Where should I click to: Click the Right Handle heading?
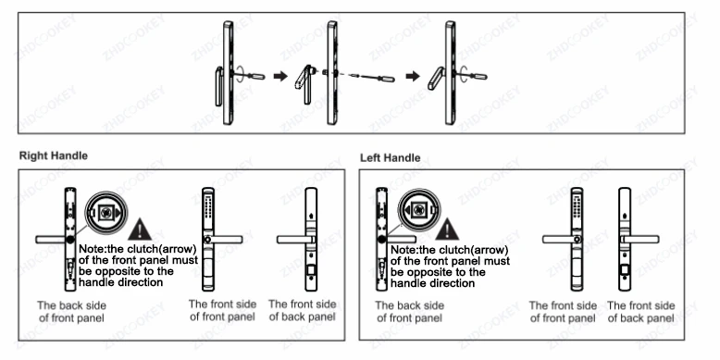click(x=54, y=155)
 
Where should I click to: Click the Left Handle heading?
click(x=390, y=158)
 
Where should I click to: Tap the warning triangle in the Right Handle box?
click(x=140, y=230)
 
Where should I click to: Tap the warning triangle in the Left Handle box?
click(x=447, y=230)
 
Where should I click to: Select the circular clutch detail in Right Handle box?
click(x=106, y=213)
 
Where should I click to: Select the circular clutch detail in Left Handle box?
click(x=419, y=210)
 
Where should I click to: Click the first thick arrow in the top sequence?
click(x=280, y=76)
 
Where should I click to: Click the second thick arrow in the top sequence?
click(x=413, y=76)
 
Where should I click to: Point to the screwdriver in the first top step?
click(x=249, y=75)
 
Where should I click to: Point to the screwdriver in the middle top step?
click(x=371, y=77)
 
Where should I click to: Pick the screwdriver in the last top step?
click(x=472, y=75)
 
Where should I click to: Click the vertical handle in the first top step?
click(x=218, y=86)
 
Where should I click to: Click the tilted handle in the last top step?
click(x=437, y=78)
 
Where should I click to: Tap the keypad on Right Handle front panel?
click(x=208, y=206)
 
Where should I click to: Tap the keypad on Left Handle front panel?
click(x=577, y=206)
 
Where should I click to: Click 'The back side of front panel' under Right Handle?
click(x=71, y=311)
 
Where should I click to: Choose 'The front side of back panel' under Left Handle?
click(x=641, y=312)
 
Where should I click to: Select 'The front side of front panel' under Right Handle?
click(x=223, y=310)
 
